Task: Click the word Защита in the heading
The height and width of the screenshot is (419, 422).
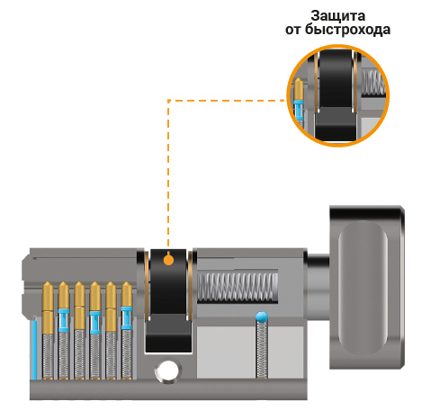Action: point(337,16)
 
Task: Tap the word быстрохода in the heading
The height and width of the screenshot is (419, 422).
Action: point(347,30)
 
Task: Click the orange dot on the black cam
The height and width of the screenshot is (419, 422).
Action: point(169,260)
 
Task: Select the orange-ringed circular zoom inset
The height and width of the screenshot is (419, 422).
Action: point(337,95)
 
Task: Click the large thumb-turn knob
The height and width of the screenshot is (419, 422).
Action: point(366,288)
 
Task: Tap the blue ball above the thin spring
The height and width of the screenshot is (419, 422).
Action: point(262,316)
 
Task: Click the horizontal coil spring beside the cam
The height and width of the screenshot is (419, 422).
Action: point(238,287)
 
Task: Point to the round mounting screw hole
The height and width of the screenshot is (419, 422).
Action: point(168,370)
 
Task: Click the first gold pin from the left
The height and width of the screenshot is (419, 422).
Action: point(48,308)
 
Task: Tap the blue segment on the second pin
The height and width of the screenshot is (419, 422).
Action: point(64,320)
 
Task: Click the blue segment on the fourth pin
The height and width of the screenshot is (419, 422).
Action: point(95,323)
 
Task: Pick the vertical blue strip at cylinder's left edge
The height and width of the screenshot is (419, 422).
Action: point(34,350)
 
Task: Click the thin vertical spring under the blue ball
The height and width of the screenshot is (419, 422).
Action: point(262,350)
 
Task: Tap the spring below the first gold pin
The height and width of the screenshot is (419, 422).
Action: point(48,356)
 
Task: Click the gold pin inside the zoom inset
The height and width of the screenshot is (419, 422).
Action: point(299,89)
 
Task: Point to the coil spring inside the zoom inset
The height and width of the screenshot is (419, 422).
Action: point(373,83)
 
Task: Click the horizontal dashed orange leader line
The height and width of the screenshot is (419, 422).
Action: point(226,101)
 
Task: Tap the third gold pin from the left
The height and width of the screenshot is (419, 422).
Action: point(79,306)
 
